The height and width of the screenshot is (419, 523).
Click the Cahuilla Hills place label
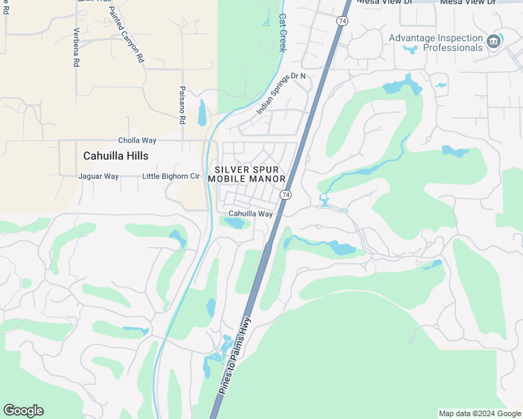pos(116,156)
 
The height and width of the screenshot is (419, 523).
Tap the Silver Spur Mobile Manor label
pos(250,174)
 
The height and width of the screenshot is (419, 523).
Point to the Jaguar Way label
pos(99,177)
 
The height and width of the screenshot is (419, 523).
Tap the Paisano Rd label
pos(182,105)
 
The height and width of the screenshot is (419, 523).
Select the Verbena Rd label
pos(76,47)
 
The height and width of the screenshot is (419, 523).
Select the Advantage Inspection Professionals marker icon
pos(494,42)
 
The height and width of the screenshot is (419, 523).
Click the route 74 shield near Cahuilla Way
pos(285,195)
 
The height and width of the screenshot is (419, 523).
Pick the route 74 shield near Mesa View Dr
pos(341,21)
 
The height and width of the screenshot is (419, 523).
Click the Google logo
pos(23,411)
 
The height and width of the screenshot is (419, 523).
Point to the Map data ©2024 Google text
pos(480,413)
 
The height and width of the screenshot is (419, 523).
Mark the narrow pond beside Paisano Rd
pos(202,112)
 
